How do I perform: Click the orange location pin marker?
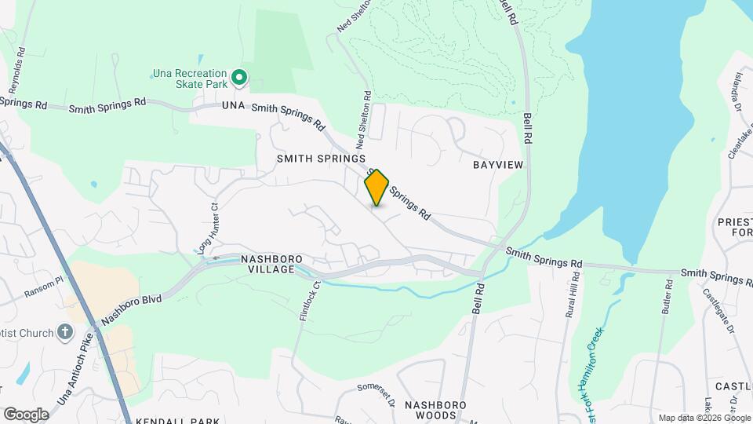coord(377,187)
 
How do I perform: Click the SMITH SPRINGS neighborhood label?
coord(321,158)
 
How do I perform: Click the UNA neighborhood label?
coord(234,105)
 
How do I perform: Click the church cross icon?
coord(66,333)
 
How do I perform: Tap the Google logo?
coord(26,414)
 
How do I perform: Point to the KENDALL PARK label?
coord(176,420)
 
